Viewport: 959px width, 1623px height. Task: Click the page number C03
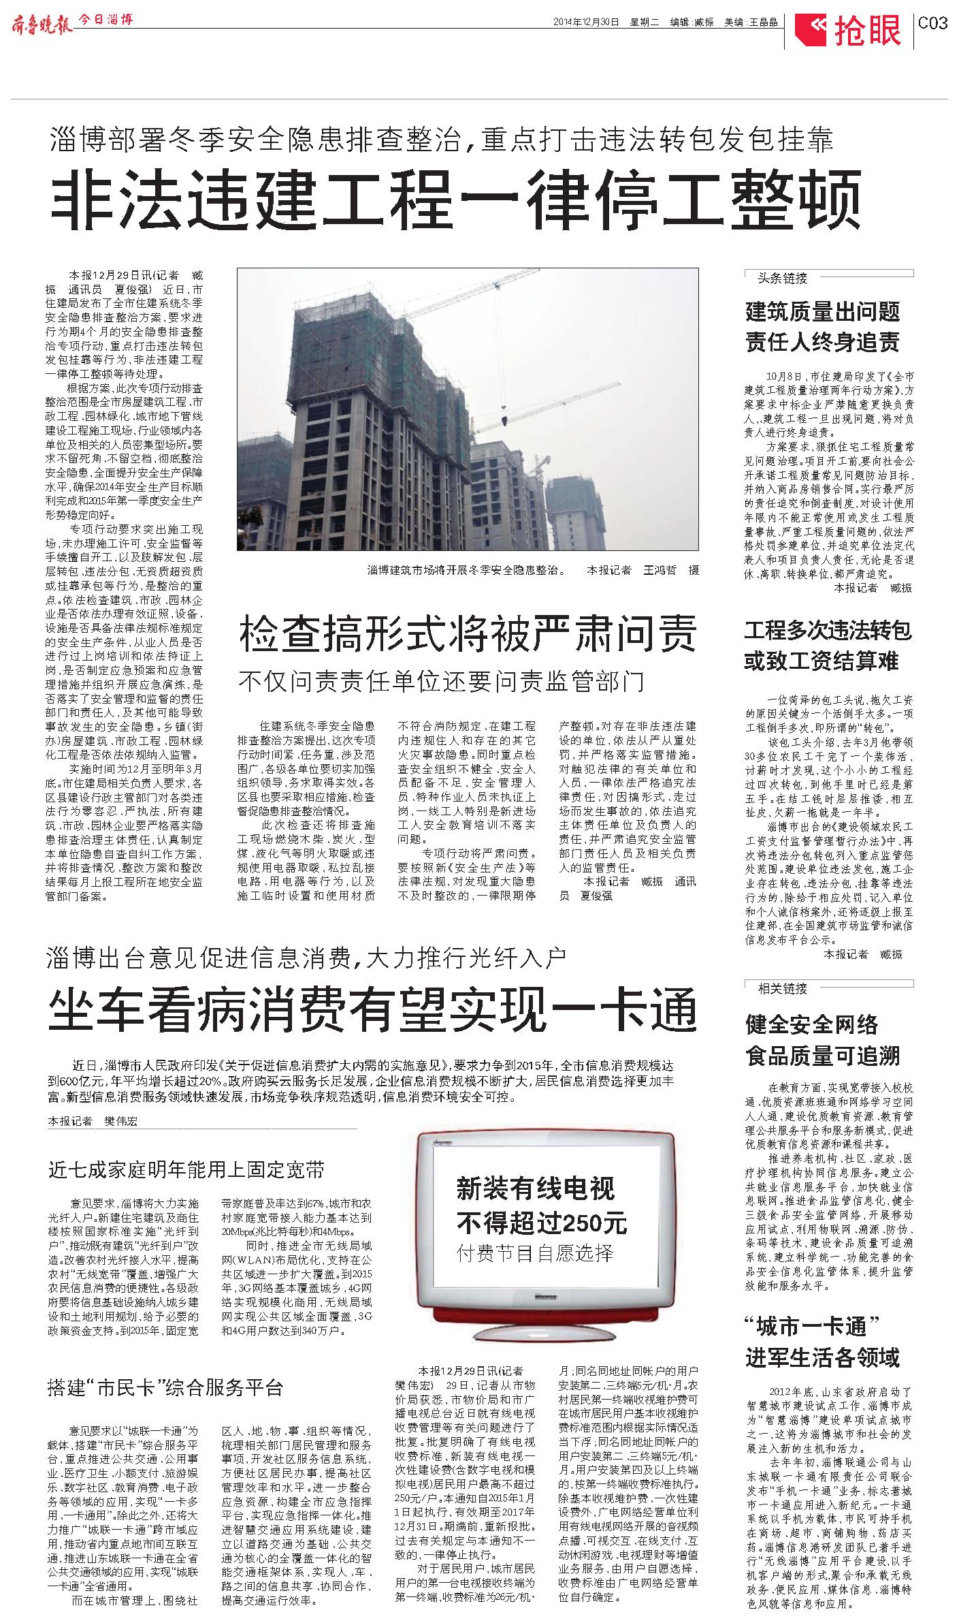[x=932, y=23]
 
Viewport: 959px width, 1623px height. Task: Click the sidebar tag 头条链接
[x=783, y=278]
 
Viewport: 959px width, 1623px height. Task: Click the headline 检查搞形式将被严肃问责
[x=468, y=634]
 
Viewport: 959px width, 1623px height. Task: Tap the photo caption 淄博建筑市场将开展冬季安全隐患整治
[x=466, y=570]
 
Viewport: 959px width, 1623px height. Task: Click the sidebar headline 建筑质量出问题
[x=822, y=312]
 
